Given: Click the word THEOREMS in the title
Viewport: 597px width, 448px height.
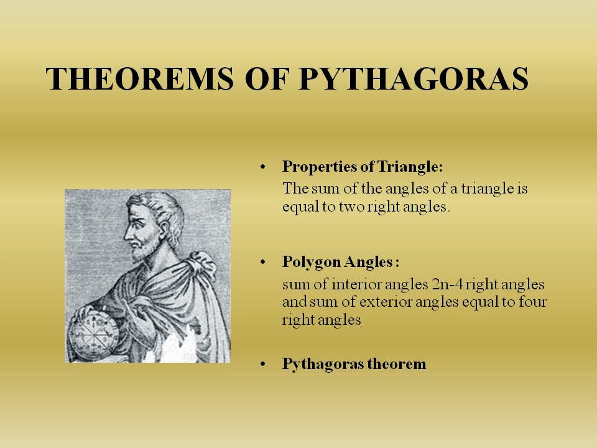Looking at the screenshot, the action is [x=140, y=79].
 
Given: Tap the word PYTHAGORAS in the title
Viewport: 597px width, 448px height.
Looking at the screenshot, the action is [x=414, y=79].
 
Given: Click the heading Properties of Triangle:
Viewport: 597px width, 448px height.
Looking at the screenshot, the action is [x=363, y=167].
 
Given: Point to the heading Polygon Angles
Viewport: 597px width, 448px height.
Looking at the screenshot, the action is [x=341, y=262].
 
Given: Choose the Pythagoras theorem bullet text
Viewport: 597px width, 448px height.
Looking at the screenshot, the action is [x=354, y=364].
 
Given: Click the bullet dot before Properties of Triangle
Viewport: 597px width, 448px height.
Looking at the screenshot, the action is [x=262, y=167].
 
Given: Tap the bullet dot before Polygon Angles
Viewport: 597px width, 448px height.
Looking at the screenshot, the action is [x=262, y=262].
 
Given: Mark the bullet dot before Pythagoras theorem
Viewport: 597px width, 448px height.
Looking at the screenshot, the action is [x=262, y=364].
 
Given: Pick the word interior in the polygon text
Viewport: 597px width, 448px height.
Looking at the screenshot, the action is [x=357, y=284].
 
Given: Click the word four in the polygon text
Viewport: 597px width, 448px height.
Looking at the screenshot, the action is [x=533, y=302].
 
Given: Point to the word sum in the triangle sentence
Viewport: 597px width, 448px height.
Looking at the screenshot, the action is [x=325, y=189].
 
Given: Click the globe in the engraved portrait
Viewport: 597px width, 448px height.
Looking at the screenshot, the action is [x=93, y=335].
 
